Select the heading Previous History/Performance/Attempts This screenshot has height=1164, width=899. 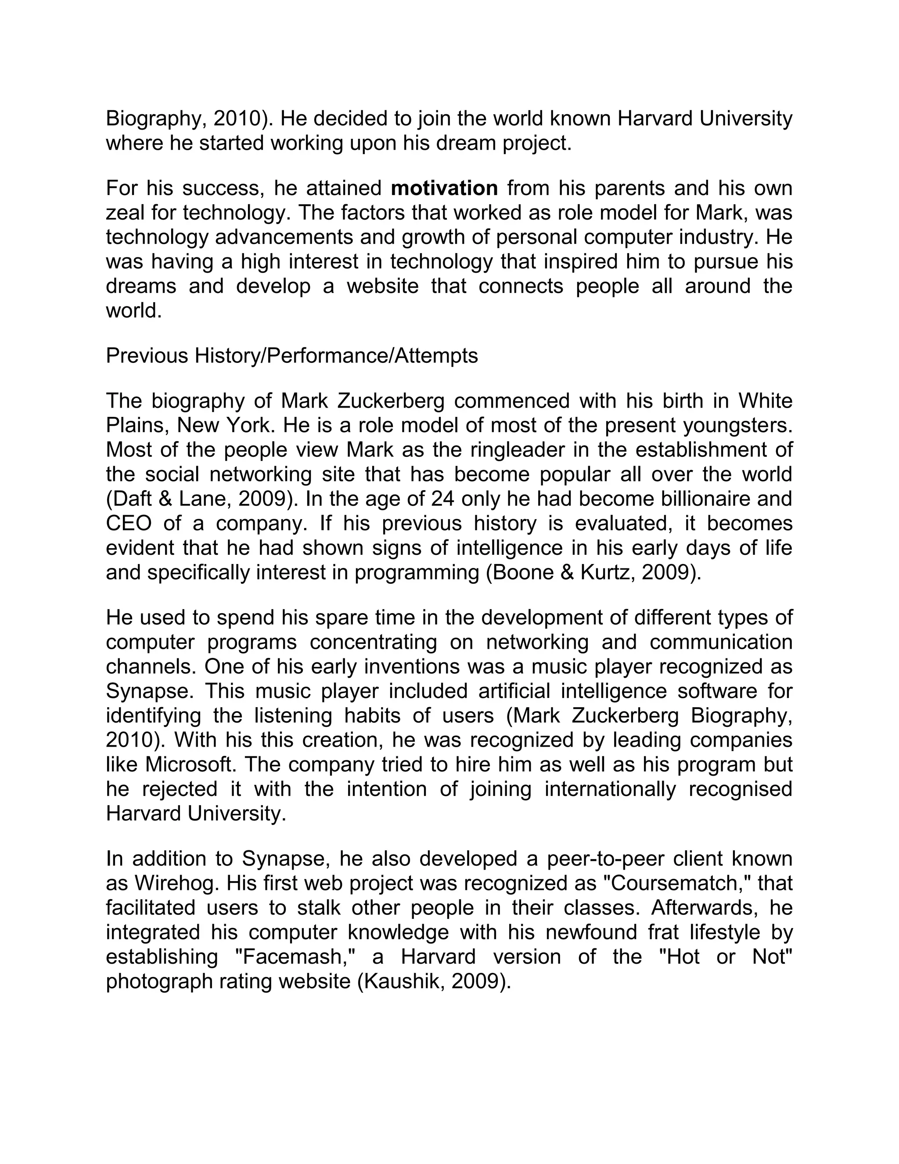click(292, 355)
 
